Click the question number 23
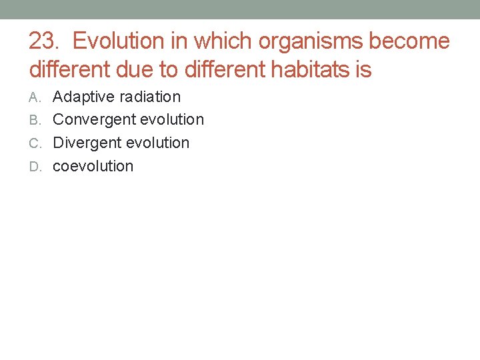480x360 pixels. tap(44, 41)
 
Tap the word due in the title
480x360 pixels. tap(140, 69)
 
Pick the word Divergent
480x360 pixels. tap(85, 143)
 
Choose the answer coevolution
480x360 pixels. tap(93, 166)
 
